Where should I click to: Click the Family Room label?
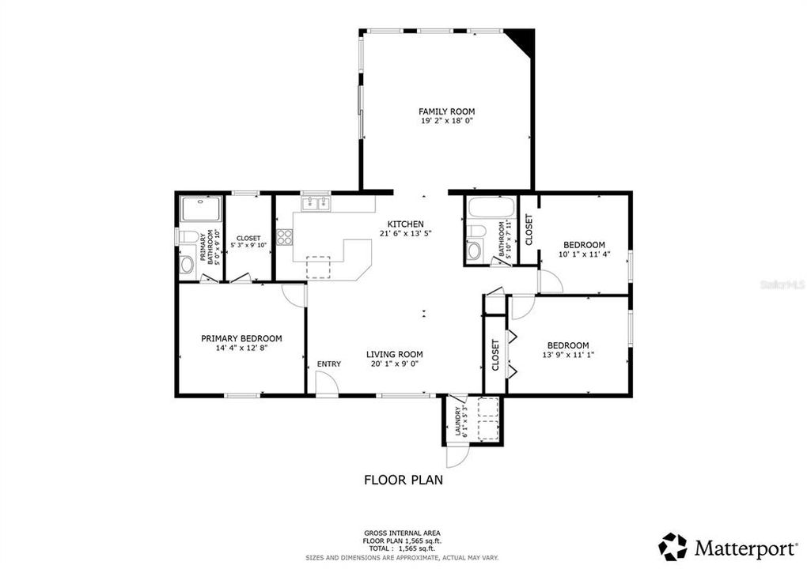pos(446,111)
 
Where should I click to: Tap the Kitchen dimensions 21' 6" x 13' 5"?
pos(406,233)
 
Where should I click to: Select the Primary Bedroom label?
pos(241,339)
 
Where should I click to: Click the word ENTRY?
pos(329,364)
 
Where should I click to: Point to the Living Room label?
pos(395,354)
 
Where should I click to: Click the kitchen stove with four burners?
pos(284,236)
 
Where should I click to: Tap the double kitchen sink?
pos(316,204)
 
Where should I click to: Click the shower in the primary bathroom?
pos(201,209)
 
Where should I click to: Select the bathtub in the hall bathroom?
pos(492,207)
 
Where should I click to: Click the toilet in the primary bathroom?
pos(186,237)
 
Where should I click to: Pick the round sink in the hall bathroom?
pos(473,251)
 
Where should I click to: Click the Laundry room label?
pos(457,421)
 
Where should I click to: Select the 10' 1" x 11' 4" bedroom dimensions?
pos(584,254)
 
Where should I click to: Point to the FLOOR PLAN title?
pos(403,480)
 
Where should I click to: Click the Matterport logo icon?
pos(673,547)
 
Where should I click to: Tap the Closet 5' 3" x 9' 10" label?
pos(248,242)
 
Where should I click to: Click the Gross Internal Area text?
pos(402,533)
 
